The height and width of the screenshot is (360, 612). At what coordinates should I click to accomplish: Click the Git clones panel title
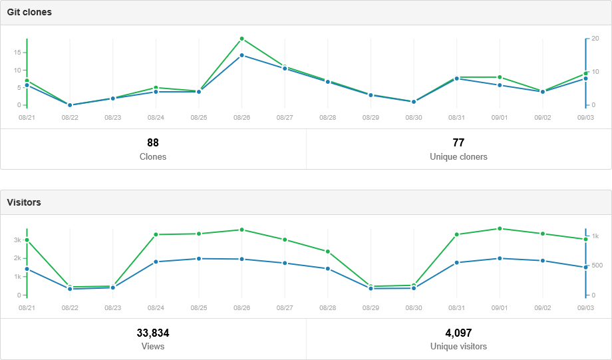coord(29,12)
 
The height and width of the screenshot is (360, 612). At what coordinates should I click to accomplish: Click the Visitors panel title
coord(24,202)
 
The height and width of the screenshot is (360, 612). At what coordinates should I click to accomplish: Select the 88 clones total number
coord(153,142)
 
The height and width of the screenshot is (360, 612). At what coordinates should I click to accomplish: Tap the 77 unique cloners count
coord(458,142)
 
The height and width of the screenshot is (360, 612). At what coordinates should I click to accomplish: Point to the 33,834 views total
coord(153,333)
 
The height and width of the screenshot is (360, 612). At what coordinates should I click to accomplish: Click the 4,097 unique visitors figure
coord(458,333)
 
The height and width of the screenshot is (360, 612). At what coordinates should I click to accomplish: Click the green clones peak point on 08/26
coord(241,39)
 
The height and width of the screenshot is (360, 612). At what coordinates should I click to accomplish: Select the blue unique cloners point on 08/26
coord(241,55)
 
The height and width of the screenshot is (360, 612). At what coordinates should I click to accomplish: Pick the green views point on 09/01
coord(500,228)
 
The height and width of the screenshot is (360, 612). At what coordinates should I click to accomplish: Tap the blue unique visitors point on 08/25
coord(199,258)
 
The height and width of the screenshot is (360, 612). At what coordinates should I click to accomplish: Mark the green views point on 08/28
coord(328,252)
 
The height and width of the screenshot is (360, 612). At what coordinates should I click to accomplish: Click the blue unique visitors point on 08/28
coord(328,269)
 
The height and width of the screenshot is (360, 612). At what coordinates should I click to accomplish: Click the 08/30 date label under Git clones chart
coord(414,118)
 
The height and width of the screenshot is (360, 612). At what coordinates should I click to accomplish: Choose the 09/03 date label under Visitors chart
coord(585,308)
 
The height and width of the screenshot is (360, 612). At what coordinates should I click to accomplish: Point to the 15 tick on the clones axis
coord(17,53)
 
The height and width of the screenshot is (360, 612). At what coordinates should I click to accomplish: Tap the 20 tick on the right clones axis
coord(595,39)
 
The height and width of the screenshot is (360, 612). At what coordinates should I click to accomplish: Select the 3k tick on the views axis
coord(17,240)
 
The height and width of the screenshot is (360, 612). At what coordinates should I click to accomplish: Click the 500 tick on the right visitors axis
coord(597,266)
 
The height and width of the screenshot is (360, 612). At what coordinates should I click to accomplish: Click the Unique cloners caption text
coord(458,157)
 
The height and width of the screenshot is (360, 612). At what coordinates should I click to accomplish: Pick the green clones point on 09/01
coord(500,77)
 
